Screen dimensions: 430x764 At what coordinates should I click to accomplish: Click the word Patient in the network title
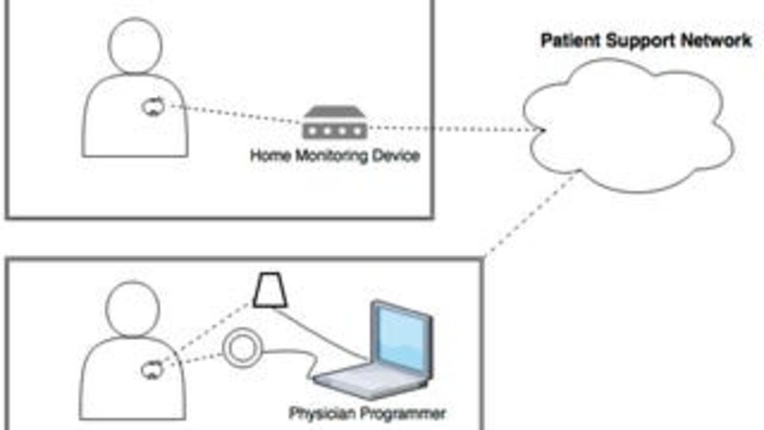click(x=569, y=41)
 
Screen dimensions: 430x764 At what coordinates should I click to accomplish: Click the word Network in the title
click(x=718, y=41)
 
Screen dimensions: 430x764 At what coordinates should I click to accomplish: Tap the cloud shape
click(x=627, y=127)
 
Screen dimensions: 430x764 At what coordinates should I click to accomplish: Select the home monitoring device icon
click(x=334, y=122)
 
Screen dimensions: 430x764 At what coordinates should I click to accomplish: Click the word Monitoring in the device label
click(x=334, y=155)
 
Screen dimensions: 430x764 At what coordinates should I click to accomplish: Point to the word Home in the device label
click(x=269, y=155)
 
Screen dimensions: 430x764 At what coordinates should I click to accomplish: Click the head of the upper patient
click(x=135, y=45)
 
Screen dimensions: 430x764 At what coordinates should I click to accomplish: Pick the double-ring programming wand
click(x=241, y=349)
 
